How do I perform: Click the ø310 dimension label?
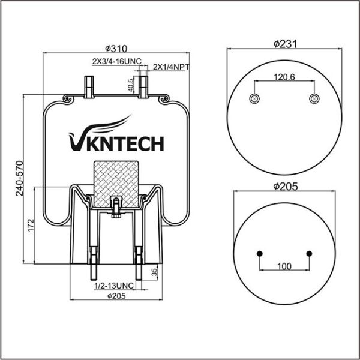[115, 49]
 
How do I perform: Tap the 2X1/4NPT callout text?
[171, 67]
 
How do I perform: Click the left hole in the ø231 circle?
[254, 98]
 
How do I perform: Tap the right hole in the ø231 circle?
[313, 98]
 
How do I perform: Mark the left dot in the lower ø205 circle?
[259, 253]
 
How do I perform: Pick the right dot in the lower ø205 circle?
[309, 253]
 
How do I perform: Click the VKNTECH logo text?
[117, 143]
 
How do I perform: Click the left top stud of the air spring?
[88, 87]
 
